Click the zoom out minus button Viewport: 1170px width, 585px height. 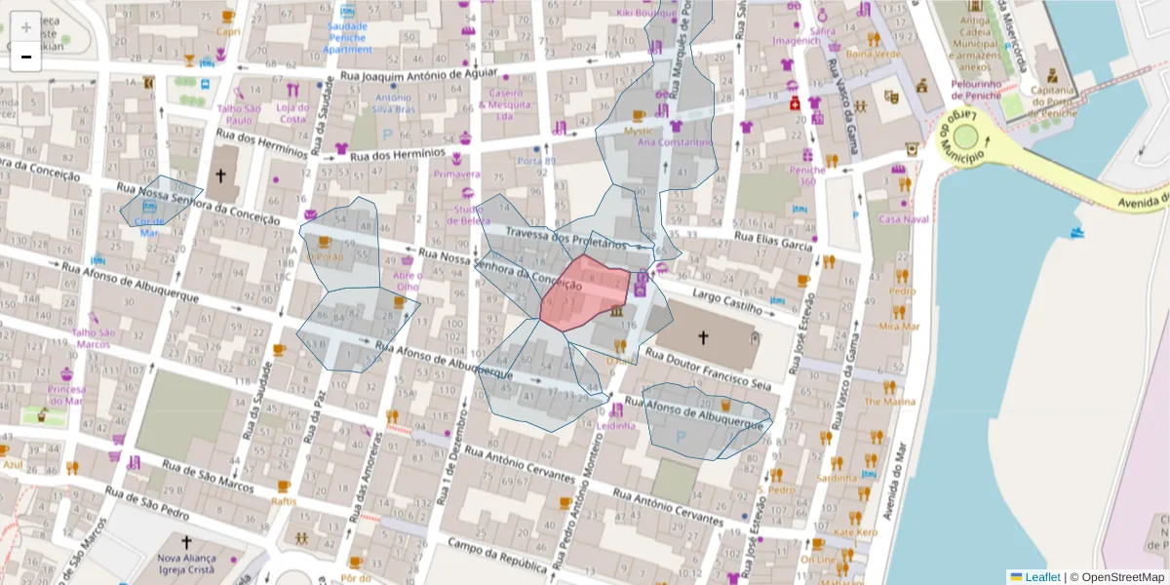[x=26, y=57]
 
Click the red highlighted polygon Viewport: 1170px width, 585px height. [x=586, y=292]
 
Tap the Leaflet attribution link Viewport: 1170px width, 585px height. [x=1041, y=577]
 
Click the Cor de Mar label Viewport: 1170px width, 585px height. [x=149, y=227]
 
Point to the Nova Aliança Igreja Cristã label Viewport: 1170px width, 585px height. [x=186, y=565]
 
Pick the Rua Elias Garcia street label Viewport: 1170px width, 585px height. [x=773, y=241]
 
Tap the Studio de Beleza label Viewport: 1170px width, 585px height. [x=469, y=215]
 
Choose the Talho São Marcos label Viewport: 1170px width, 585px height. [x=95, y=338]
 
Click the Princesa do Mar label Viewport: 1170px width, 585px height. [x=67, y=395]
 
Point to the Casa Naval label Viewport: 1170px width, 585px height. [x=903, y=219]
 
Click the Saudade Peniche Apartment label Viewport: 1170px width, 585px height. [x=348, y=37]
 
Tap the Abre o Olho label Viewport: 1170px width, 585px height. [x=407, y=281]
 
